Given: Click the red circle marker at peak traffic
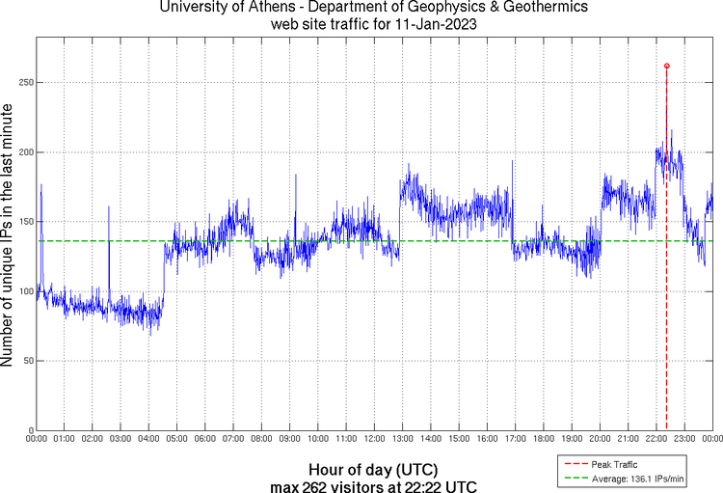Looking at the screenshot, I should coord(666,66).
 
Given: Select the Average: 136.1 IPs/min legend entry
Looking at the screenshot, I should coord(634,479).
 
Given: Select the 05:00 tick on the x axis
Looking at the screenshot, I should coord(176,439).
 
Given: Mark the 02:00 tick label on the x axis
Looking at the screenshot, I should coord(93,439).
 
